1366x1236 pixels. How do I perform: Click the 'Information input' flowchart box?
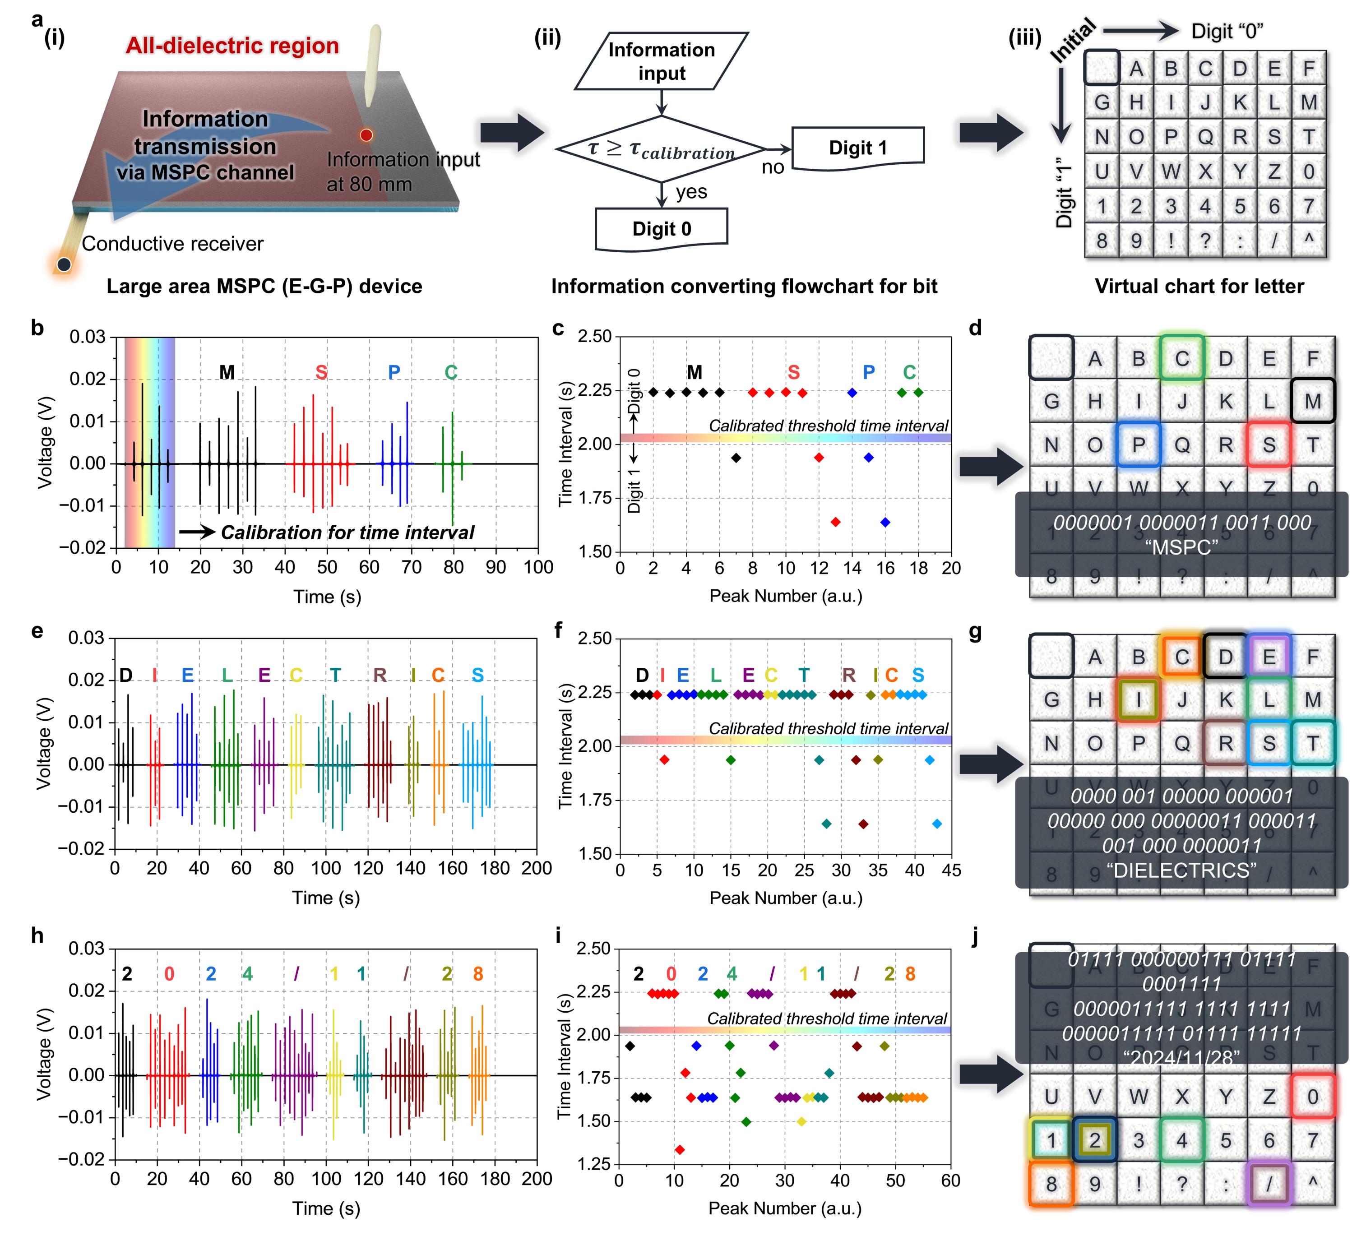(x=661, y=61)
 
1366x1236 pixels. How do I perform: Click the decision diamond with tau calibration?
(x=661, y=149)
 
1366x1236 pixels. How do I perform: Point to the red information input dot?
(x=366, y=135)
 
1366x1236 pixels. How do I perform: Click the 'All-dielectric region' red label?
(x=232, y=46)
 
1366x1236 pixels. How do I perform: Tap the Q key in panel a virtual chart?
(x=1205, y=137)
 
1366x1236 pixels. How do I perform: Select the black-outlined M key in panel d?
(x=1312, y=401)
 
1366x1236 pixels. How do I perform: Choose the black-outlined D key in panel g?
(x=1225, y=657)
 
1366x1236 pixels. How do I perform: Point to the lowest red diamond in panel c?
(x=835, y=522)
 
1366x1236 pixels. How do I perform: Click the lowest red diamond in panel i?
(x=680, y=1149)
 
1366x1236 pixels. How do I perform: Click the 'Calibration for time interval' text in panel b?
(x=347, y=532)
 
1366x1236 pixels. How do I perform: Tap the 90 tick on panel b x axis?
(x=496, y=567)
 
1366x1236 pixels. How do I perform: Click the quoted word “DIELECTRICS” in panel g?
(x=1181, y=871)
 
